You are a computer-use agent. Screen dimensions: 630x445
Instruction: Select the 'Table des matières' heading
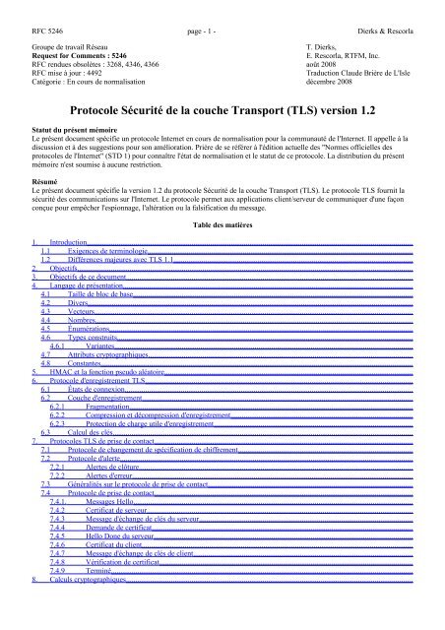click(222, 224)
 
